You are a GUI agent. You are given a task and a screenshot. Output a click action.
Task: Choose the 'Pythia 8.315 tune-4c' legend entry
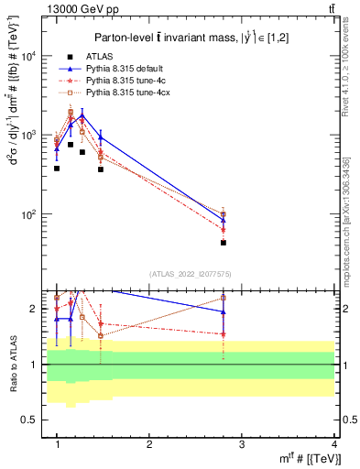click(x=127, y=81)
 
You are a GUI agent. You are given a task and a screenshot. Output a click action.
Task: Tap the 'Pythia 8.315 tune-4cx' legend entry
click(x=129, y=93)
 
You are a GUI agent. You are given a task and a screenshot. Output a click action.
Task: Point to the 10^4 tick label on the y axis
click(x=27, y=56)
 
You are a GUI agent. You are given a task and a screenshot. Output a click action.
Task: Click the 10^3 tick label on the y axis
click(x=27, y=136)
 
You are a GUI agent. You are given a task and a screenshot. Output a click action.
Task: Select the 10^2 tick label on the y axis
click(x=27, y=214)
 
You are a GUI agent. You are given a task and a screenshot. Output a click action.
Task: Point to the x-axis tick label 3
click(x=241, y=444)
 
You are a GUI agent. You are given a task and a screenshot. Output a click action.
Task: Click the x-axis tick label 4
click(x=333, y=444)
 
